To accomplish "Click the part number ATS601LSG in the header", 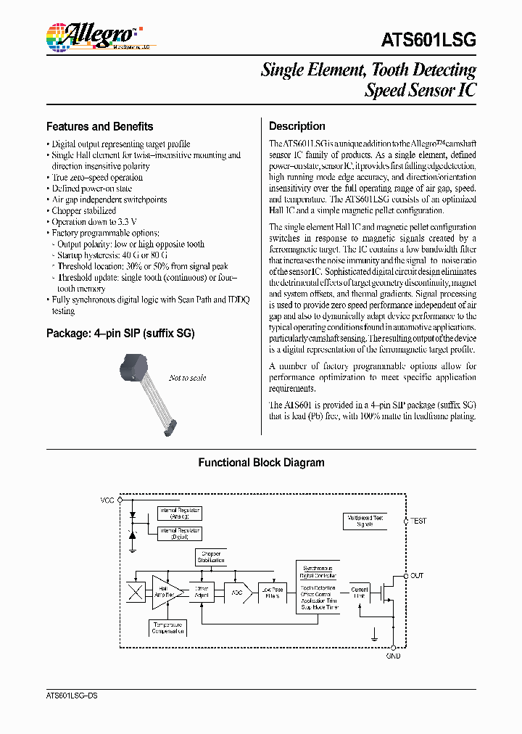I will (428, 40).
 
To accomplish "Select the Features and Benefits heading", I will (99, 126).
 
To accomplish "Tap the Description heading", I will (297, 126).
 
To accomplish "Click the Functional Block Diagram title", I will (261, 463).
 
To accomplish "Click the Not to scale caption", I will (187, 378).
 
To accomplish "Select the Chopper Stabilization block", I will (211, 557).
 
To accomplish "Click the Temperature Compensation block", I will (167, 627).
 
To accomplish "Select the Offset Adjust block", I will (202, 592).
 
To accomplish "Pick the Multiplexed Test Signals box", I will (365, 521).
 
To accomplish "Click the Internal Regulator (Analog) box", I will (179, 514).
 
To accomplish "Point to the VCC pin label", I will (107, 500).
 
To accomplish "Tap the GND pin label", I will (393, 656).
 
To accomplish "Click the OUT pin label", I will (417, 575).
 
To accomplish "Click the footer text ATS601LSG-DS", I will (72, 696).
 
